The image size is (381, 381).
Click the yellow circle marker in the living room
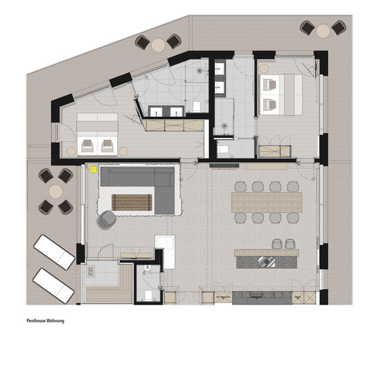tap(94, 169)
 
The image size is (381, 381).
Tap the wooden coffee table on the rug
tap(132, 203)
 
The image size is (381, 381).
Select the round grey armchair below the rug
tap(106, 219)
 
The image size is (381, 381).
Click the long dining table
tap(267, 203)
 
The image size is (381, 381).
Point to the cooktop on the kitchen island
tap(267, 262)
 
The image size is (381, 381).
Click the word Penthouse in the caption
tap(37, 321)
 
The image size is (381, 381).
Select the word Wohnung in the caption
tap(56, 321)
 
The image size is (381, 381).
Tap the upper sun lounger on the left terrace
tap(54, 251)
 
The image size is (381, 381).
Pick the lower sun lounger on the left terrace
tap(54, 286)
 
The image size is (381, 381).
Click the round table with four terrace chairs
tap(56, 192)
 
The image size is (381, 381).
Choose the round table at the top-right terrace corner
tap(323, 31)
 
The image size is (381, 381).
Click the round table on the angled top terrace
tap(158, 45)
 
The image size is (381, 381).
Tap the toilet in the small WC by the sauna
tap(148, 295)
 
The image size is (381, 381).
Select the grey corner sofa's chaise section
tap(165, 197)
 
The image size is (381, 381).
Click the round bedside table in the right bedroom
tap(264, 68)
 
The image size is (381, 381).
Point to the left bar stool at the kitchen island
tap(277, 244)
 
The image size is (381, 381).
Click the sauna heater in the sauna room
tap(91, 271)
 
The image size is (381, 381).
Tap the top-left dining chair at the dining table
tap(240, 187)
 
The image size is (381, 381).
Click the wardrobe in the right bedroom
tap(275, 151)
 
